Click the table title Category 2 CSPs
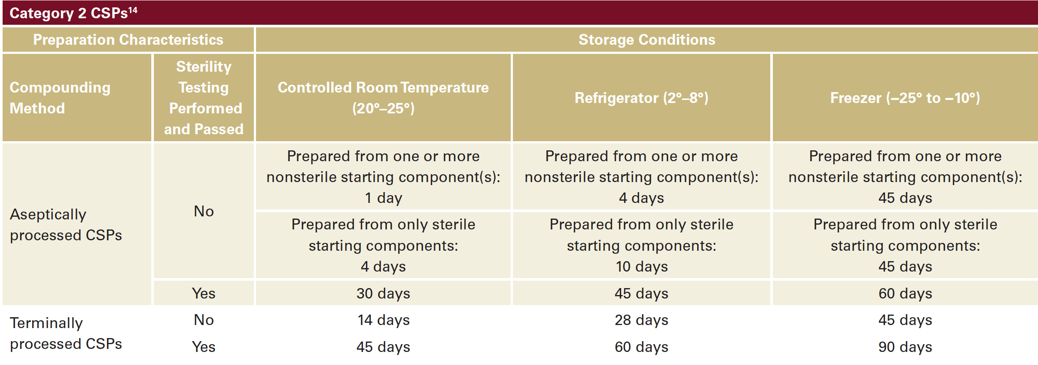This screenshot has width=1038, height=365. tap(68, 13)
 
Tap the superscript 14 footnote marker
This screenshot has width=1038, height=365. tap(133, 10)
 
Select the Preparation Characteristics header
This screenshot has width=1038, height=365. tap(128, 40)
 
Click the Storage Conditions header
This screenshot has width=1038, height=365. tap(647, 40)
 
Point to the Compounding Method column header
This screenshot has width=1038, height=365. tap(60, 98)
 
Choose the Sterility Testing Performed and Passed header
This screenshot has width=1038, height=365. tap(204, 98)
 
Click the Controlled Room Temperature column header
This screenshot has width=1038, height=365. tap(383, 98)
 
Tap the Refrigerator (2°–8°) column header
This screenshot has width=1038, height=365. tap(641, 98)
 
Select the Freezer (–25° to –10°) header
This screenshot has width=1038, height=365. tap(905, 98)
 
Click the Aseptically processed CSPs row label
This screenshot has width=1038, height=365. tap(66, 225)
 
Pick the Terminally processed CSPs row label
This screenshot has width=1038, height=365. tap(66, 333)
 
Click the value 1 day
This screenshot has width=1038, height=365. tap(383, 198)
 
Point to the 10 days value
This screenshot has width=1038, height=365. tap(642, 266)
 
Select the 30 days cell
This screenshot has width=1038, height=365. tap(383, 293)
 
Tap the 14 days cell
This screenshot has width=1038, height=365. tap(383, 320)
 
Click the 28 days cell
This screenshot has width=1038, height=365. tap(642, 320)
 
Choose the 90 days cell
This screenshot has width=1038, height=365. tap(905, 347)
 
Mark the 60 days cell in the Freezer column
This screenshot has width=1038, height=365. tap(905, 293)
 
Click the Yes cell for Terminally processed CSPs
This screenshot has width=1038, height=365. tap(204, 347)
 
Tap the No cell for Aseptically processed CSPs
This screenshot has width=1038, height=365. tap(204, 211)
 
